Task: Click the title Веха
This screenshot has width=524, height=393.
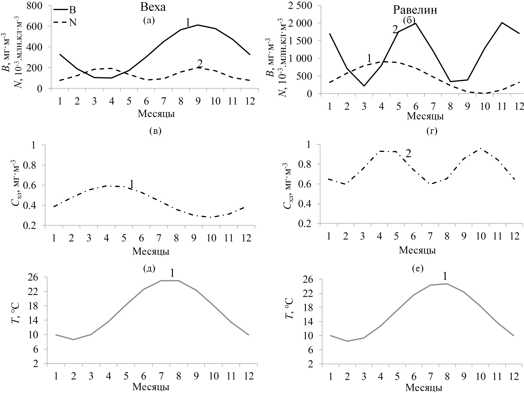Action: click(153, 7)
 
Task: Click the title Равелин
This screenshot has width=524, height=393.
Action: click(415, 10)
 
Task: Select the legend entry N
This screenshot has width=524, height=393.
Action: click(72, 23)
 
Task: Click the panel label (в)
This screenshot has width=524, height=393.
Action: click(155, 131)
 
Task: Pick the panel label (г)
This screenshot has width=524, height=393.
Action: click(432, 131)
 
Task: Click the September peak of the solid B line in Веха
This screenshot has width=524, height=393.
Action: click(198, 25)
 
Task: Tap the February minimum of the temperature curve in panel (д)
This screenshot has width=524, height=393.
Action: click(74, 340)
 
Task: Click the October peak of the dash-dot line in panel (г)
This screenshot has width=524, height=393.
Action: click(480, 149)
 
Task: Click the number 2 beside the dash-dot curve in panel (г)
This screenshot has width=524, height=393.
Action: click(408, 154)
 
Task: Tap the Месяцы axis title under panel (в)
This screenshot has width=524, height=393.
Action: click(151, 251)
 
